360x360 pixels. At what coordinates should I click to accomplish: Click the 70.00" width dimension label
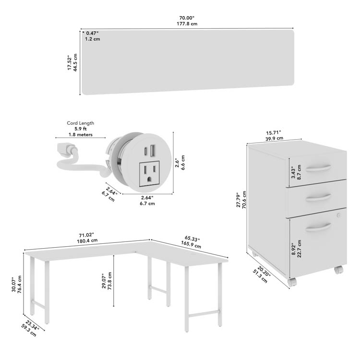pyautogui.click(x=187, y=18)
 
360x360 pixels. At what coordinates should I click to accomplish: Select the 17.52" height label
pyautogui.click(x=69, y=63)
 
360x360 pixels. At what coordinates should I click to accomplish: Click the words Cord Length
pyautogui.click(x=80, y=123)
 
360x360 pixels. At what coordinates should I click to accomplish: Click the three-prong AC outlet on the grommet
pyautogui.click(x=149, y=173)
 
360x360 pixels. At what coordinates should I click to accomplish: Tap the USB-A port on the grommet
pyautogui.click(x=153, y=150)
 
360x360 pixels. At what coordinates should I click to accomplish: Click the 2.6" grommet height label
pyautogui.click(x=177, y=163)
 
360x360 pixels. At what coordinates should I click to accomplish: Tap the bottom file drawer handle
pyautogui.click(x=318, y=227)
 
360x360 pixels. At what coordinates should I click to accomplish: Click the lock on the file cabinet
pyautogui.click(x=338, y=215)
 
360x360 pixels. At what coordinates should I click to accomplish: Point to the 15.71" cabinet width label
pyautogui.click(x=274, y=132)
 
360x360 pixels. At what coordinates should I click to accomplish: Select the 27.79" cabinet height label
pyautogui.click(x=239, y=200)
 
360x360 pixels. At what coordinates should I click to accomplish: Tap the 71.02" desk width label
pyautogui.click(x=86, y=235)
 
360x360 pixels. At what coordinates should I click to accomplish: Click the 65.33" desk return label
pyautogui.click(x=192, y=239)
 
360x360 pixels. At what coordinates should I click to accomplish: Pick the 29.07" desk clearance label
pyautogui.click(x=104, y=281)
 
